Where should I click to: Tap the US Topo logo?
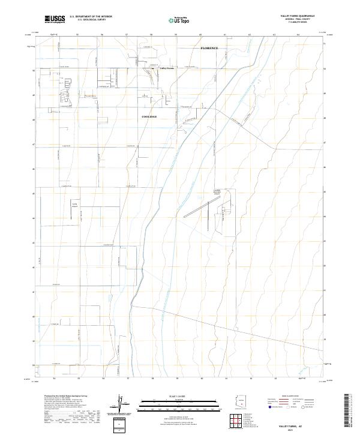181,19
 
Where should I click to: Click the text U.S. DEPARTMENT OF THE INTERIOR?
91,17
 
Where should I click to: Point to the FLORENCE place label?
209,47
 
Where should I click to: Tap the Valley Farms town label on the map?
166,68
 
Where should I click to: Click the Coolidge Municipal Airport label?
218,192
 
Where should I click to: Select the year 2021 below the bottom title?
295,430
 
